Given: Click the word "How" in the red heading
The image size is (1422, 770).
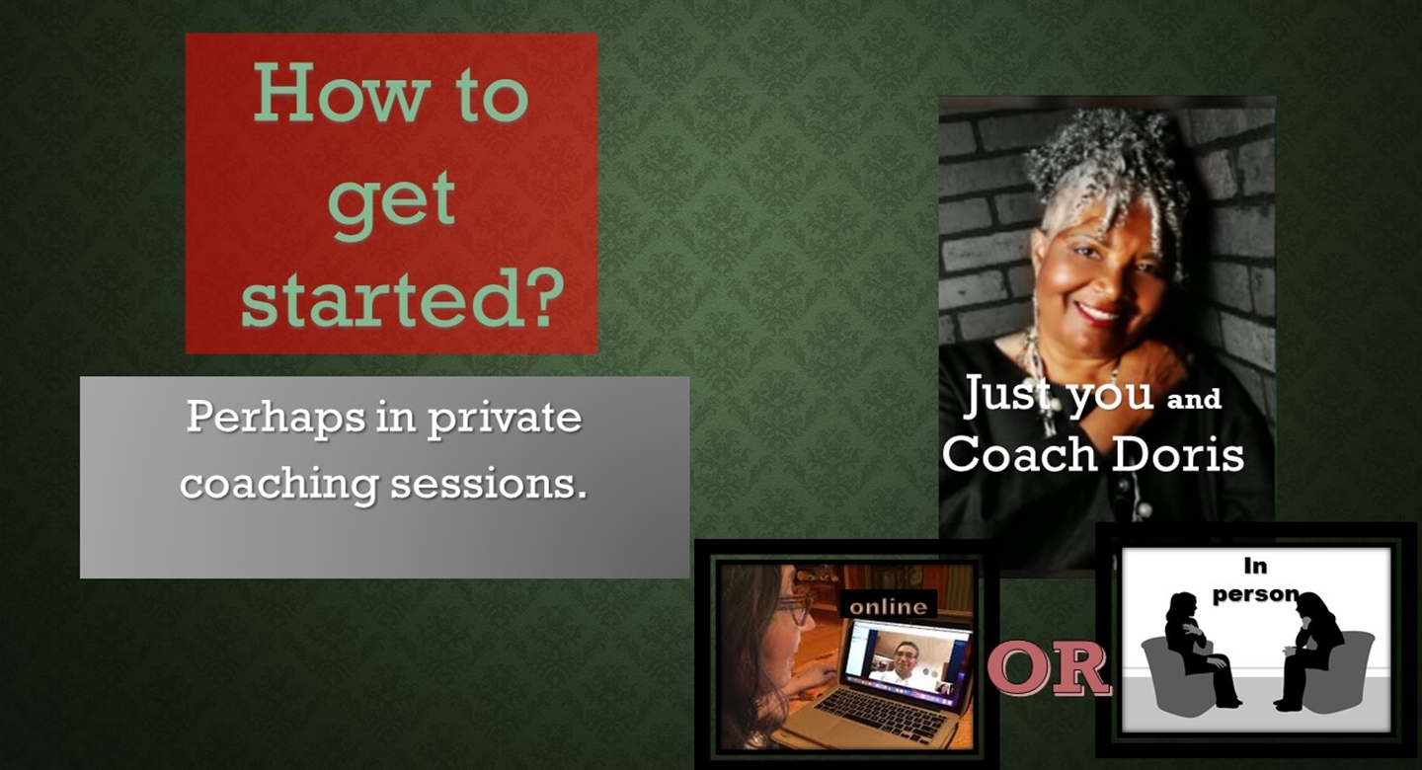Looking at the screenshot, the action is tap(338, 94).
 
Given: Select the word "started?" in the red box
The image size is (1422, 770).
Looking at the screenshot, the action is tap(402, 296).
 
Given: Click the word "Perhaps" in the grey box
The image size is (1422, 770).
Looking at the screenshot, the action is tap(276, 419).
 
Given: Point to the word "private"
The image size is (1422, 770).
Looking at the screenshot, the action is tap(504, 419).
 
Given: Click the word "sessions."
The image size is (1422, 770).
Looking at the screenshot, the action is tap(488, 485).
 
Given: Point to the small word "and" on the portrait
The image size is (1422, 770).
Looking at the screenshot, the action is tap(1194, 399).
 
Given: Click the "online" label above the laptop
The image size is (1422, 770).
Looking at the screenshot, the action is tap(889, 606).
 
